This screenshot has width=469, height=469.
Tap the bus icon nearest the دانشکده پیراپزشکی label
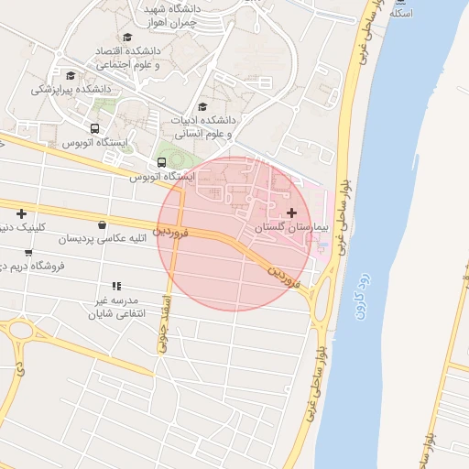click(94, 128)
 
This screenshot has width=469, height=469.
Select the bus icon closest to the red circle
click(161, 161)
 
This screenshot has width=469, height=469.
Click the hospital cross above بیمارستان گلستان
click(292, 213)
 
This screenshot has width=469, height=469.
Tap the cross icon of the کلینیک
click(21, 213)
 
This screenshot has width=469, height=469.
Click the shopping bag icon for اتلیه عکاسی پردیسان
click(101, 225)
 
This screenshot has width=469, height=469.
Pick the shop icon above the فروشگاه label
click(28, 253)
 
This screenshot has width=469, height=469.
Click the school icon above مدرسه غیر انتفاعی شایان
click(116, 286)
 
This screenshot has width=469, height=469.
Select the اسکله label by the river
click(402, 14)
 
